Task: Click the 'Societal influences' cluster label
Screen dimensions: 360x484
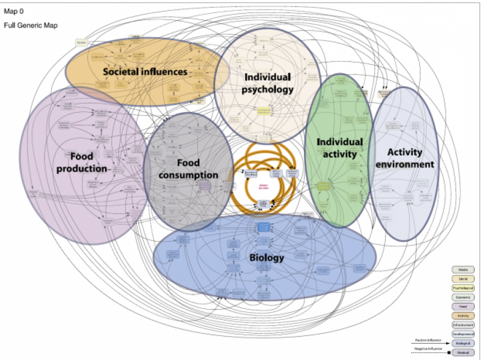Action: click(145, 72)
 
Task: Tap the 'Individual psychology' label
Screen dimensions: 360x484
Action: click(268, 83)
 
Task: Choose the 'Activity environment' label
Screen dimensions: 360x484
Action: click(411, 158)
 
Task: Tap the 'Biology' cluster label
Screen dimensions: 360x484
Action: click(267, 258)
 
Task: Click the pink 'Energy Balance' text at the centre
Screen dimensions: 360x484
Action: click(263, 187)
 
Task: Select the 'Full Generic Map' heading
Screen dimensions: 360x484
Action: click(31, 26)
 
